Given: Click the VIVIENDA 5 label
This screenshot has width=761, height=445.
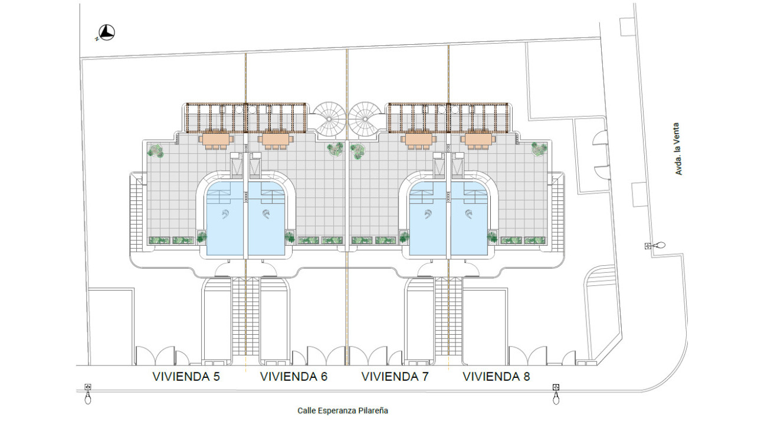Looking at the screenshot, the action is [x=186, y=377].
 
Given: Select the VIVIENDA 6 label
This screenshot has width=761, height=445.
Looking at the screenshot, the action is [x=294, y=377].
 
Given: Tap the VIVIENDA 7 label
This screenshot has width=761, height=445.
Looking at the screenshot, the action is [x=395, y=377].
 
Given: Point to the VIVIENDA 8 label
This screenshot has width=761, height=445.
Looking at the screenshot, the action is [x=496, y=377].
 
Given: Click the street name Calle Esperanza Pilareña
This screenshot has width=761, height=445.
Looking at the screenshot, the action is [x=343, y=411].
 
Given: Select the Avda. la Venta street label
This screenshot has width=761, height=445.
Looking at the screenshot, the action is [x=678, y=149].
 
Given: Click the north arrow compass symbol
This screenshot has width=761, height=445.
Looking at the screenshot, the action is [x=107, y=33].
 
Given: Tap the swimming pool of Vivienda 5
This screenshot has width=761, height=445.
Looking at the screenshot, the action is [x=225, y=219].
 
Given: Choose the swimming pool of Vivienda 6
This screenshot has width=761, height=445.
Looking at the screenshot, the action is [x=267, y=219].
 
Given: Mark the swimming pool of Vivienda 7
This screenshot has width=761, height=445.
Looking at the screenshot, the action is [x=427, y=219].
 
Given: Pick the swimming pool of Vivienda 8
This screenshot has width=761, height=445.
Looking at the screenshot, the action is [x=469, y=219].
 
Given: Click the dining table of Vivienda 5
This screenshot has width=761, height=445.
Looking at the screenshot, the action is [x=216, y=139].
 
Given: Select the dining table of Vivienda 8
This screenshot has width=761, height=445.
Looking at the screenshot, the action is [x=478, y=139].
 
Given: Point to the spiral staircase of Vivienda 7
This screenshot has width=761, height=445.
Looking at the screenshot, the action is [x=365, y=119].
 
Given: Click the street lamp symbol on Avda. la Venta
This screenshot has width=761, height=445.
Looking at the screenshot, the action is [x=655, y=245].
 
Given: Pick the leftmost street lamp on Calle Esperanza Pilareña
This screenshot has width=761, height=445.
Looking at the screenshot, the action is [x=88, y=394].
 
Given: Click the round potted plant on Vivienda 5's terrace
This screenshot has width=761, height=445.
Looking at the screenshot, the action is [x=156, y=150].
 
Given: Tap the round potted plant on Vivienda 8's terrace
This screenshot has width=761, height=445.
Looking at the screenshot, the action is [x=539, y=149].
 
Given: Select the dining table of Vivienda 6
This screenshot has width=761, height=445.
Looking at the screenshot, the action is [x=275, y=139].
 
